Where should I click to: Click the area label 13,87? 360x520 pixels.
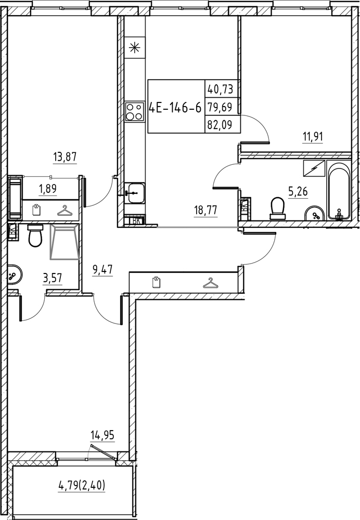pos(65,155)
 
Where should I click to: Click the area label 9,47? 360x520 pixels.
pos(103,269)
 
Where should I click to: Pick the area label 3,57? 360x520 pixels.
pos(52,278)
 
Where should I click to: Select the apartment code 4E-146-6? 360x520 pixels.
pos(175,108)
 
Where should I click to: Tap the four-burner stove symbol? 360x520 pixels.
pos(135,110)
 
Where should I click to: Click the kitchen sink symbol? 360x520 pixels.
pos(135,192)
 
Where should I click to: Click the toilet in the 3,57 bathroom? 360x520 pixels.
pos(35,237)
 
